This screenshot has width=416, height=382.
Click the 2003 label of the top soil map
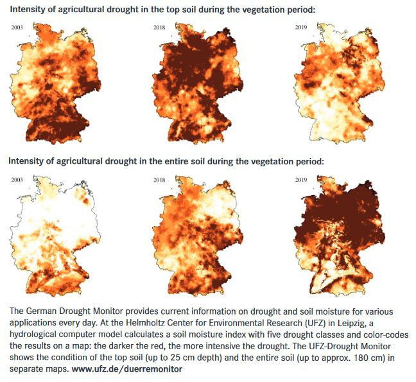pyautogui.click(x=17, y=28)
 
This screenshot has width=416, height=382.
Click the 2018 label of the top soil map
pyautogui.click(x=159, y=28)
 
